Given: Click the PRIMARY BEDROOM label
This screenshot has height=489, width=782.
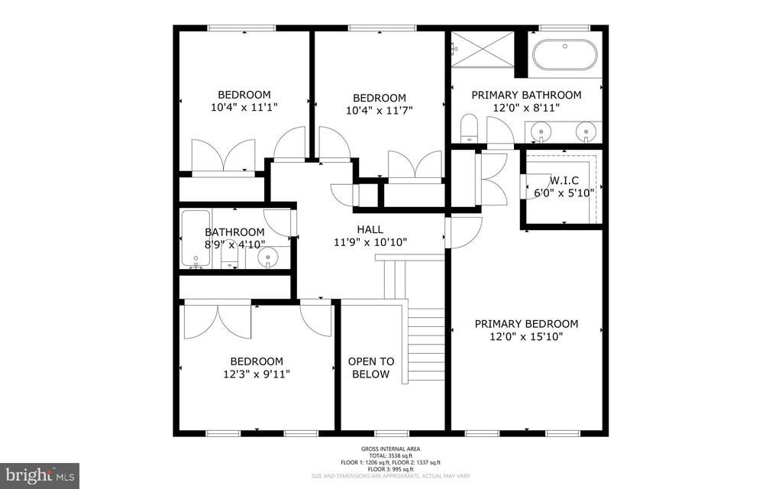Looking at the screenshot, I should [526, 323].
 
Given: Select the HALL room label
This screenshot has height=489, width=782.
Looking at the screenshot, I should [370, 229].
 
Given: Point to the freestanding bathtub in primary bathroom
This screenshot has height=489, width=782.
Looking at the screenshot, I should [564, 55].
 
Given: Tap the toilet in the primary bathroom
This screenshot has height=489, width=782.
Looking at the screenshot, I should [469, 129].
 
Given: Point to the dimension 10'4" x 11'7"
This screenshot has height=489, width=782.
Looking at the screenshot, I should [379, 111].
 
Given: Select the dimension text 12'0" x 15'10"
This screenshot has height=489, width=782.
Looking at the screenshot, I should [526, 336].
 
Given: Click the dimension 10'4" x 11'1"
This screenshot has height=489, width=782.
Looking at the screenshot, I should [244, 108].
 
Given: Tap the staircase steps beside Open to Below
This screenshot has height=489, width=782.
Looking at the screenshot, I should [425, 344].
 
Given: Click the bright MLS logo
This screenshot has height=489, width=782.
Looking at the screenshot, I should [40, 475].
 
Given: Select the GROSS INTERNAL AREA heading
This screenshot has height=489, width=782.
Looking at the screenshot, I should [390, 449].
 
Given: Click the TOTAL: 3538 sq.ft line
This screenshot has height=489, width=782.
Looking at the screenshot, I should [390, 456].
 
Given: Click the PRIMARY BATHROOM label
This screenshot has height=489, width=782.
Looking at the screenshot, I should [526, 95].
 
